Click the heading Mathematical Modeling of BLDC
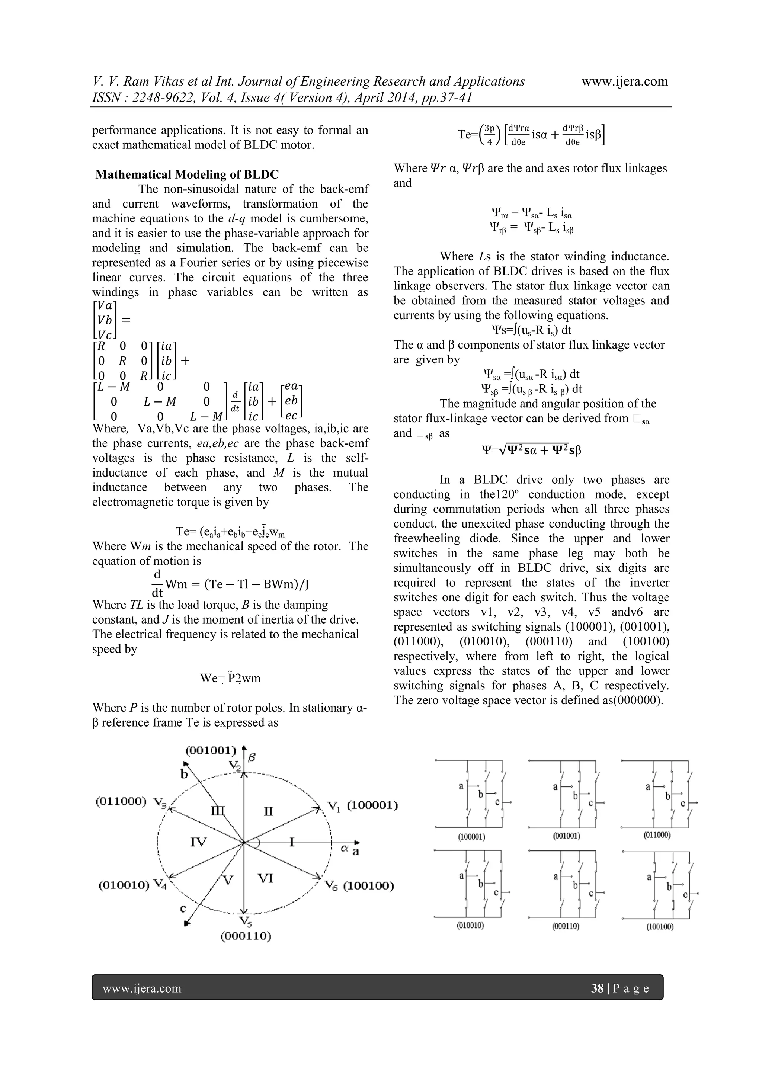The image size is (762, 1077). (187, 174)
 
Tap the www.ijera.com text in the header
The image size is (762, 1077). (625, 81)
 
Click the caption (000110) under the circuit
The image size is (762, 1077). (566, 926)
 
